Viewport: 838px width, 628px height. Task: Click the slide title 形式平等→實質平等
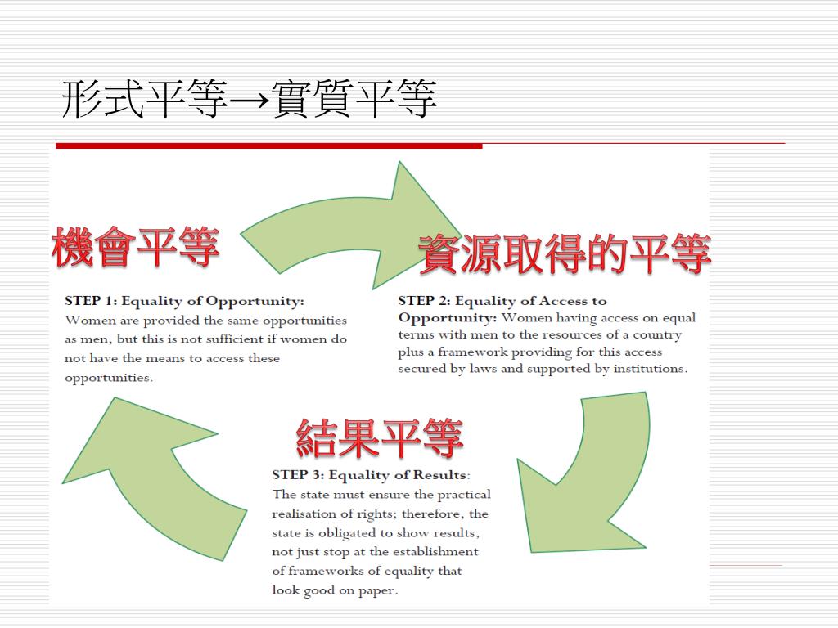[250, 100]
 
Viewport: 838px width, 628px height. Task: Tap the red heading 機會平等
[136, 248]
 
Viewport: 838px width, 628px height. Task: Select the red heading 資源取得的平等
[564, 254]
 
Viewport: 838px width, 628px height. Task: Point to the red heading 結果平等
[380, 438]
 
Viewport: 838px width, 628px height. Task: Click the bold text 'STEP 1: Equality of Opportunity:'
[184, 301]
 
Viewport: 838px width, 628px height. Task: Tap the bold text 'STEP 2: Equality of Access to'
[502, 301]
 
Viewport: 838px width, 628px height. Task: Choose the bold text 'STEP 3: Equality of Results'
[370, 475]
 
